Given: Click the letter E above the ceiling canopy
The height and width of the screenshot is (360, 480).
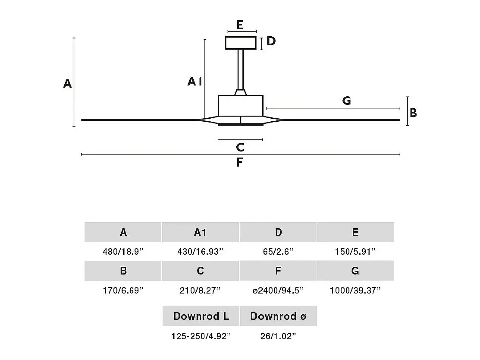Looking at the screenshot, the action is [240, 25].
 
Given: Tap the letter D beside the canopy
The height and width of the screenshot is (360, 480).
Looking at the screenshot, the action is [271, 41].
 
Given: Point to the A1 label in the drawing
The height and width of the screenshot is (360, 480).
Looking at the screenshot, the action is [195, 81].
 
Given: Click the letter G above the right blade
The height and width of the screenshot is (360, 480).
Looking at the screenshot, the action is [347, 101].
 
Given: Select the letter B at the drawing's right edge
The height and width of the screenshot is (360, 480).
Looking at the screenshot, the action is [413, 113].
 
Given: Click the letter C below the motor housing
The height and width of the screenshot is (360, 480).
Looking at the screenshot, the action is [240, 147].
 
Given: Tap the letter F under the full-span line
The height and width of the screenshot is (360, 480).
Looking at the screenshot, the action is [239, 162].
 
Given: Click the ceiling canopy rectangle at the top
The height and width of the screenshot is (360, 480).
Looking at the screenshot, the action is [241, 43].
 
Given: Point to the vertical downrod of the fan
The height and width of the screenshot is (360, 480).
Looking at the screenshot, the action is [241, 69].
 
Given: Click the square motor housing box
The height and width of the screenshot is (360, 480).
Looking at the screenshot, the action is [241, 106].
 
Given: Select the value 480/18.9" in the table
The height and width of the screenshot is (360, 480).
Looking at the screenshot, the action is [123, 251].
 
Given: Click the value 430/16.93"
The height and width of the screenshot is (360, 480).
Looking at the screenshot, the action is [200, 251].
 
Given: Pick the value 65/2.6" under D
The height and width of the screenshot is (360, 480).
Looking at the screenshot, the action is [278, 251].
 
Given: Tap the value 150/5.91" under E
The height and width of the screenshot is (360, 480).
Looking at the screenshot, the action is [355, 251].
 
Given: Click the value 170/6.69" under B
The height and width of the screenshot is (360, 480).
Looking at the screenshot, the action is [123, 290].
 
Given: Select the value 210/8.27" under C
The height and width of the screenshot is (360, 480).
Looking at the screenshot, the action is [200, 290].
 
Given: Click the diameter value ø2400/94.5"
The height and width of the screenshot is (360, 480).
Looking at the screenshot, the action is [278, 290].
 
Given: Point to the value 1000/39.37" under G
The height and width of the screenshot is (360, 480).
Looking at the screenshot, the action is [355, 290].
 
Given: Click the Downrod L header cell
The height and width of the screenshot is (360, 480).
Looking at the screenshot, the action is [201, 316].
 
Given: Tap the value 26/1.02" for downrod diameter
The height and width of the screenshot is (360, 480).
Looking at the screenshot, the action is [278, 336].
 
